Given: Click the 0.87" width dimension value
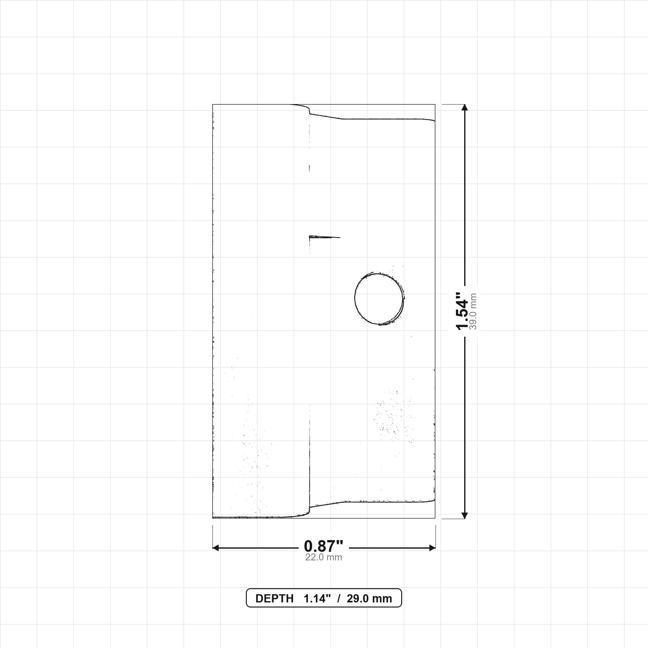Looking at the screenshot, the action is pyautogui.click(x=324, y=546).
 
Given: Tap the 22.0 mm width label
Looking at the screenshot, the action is pyautogui.click(x=324, y=558).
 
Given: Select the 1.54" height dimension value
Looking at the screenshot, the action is pyautogui.click(x=462, y=311).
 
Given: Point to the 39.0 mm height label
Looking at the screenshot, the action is pyautogui.click(x=473, y=311).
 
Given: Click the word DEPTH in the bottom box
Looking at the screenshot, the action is pyautogui.click(x=274, y=599).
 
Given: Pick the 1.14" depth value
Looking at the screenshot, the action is pyautogui.click(x=317, y=599).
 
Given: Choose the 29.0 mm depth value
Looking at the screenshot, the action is pyautogui.click(x=369, y=599).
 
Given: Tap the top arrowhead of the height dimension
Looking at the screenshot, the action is pyautogui.click(x=464, y=107).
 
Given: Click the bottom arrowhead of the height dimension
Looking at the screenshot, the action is pyautogui.click(x=464, y=515).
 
